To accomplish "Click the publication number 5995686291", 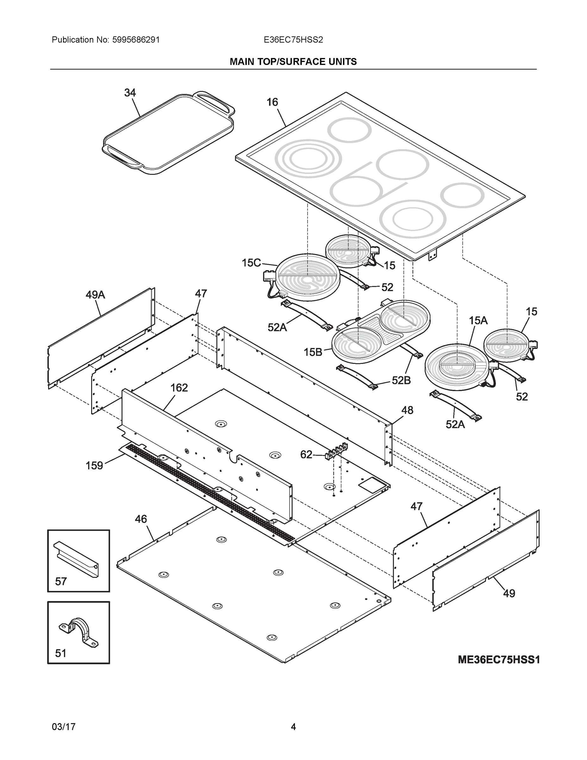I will pos(136,40).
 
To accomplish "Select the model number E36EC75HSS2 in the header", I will pos(293,40).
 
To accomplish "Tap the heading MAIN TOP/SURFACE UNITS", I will pos(293,62).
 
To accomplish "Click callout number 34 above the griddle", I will pos(130,92).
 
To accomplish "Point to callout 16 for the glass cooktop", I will pos(272,102).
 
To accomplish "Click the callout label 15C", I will pos(251,263).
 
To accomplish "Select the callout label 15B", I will pos(313,352).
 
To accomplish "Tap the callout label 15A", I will pos(478,320).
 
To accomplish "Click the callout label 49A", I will pos(95,295).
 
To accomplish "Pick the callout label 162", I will pos(179,388).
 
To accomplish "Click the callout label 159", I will pos(94,465).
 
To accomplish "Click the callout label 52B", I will pos(401,381).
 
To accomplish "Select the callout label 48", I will pos(407,410).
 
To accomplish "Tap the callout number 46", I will pos(141,519).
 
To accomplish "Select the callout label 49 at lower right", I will pos(509,593).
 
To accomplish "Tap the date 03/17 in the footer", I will pos(64,727).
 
